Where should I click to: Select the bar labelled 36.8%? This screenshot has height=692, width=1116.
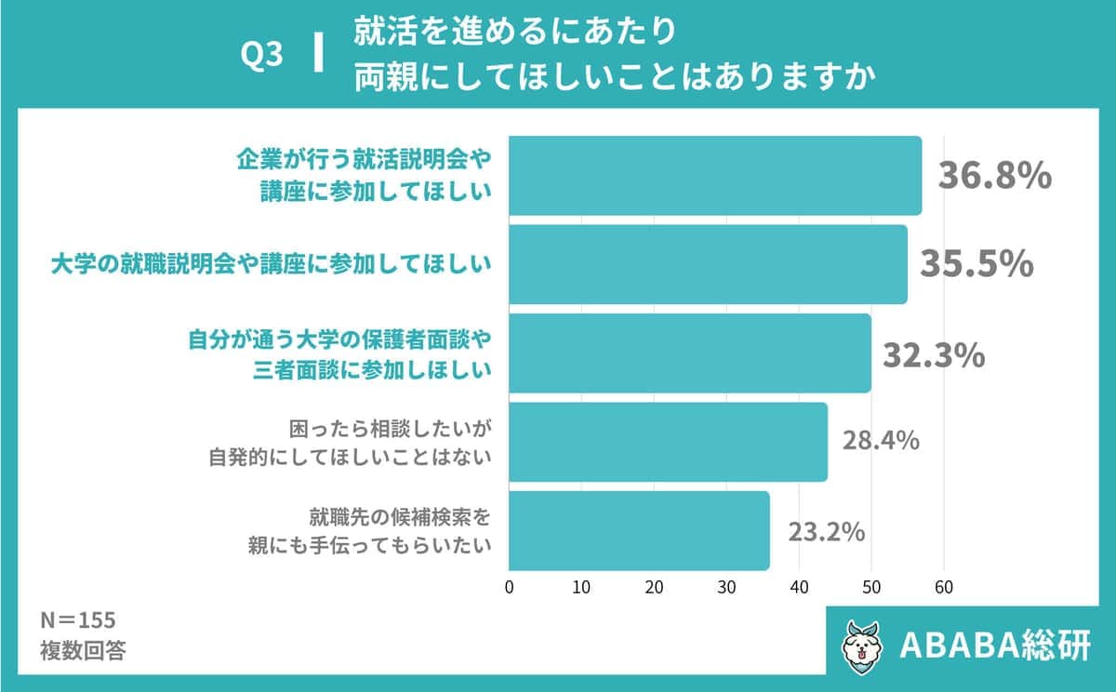tap(714, 176)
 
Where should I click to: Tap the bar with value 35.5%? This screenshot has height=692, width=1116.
tap(707, 264)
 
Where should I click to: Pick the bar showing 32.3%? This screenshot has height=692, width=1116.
tap(689, 353)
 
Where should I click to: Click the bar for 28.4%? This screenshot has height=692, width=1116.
tap(667, 442)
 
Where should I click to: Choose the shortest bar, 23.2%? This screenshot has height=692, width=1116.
tap(638, 530)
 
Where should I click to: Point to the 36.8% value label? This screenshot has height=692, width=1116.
tap(993, 175)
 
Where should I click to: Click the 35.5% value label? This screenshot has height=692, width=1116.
tap(976, 263)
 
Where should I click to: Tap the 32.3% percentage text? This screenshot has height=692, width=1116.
tap(933, 354)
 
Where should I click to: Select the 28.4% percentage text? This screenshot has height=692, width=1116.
tap(881, 441)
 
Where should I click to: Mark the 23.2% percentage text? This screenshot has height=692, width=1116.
tap(827, 532)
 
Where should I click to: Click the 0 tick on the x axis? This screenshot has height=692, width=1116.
tap(509, 587)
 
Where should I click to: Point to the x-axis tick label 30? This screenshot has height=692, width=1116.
tap(726, 587)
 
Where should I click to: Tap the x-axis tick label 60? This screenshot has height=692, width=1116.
tap(944, 587)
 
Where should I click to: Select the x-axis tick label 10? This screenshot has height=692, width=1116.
tap(581, 587)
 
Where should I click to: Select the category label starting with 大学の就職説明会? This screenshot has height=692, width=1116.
tap(270, 265)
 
